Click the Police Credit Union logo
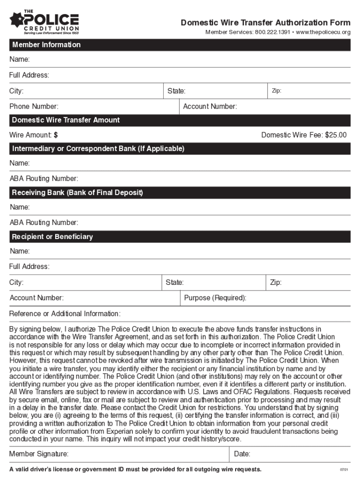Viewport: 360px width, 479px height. click(44, 22)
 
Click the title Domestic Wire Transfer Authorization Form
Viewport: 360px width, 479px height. click(266, 23)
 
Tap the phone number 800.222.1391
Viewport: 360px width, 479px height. click(272, 32)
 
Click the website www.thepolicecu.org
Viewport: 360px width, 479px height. click(323, 32)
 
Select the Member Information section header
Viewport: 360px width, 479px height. click(46, 45)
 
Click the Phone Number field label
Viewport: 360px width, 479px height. click(34, 107)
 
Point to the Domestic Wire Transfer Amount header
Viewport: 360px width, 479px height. click(66, 120)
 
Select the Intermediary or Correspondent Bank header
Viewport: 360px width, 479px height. click(98, 149)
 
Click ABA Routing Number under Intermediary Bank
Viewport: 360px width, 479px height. click(43, 179)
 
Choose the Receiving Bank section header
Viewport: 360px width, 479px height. click(78, 193)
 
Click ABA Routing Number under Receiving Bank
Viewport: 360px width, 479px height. click(43, 223)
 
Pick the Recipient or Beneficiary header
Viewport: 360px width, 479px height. click(52, 237)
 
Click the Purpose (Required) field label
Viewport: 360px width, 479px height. click(215, 298)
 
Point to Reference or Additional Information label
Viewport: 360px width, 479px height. click(65, 313)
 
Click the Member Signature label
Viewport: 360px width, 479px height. click(39, 454)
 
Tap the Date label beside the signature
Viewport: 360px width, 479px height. click(242, 454)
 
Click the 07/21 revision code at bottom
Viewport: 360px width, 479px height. click(344, 470)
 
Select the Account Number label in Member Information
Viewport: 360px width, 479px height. click(210, 107)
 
